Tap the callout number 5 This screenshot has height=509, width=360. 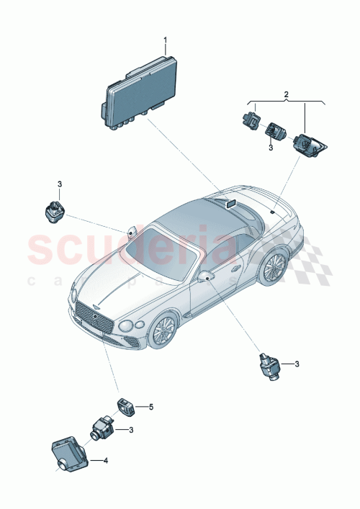(151, 407)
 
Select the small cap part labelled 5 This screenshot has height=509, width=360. (125, 406)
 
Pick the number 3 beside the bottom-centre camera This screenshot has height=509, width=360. (130, 431)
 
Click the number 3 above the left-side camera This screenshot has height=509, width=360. (60, 184)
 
